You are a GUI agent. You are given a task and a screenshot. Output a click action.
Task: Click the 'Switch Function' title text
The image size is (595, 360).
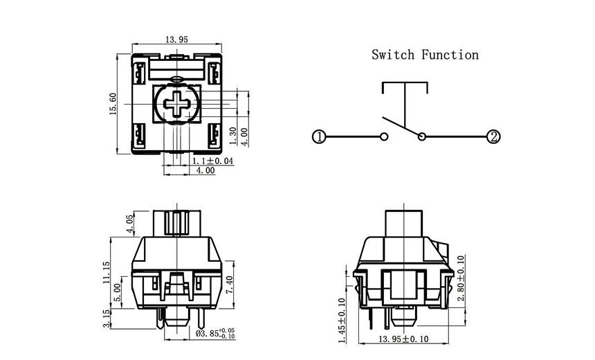[424, 54]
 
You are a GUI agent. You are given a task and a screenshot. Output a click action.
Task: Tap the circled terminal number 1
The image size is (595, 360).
[318, 137]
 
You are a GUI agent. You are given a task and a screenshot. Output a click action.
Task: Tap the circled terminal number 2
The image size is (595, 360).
[493, 137]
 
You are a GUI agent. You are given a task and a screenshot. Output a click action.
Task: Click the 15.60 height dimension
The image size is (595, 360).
[113, 105]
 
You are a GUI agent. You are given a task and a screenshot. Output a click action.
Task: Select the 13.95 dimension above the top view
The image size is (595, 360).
[176, 40]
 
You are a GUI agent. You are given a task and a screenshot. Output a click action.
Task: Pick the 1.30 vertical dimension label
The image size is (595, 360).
[233, 134]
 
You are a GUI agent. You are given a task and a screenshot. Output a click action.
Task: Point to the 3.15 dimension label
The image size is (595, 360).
[106, 319]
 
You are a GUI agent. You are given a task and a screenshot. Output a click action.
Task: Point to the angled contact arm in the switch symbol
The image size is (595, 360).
[401, 127]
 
